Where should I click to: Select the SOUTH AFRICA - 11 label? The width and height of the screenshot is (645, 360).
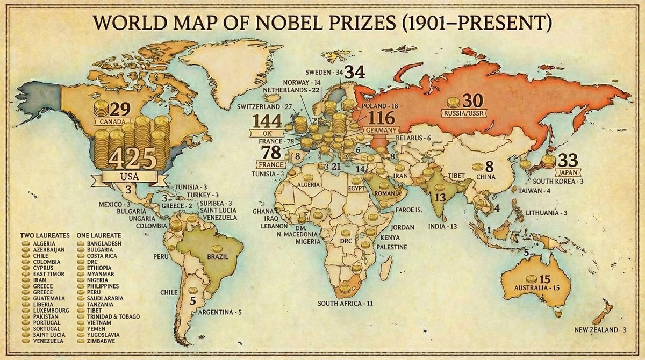coord(345,304)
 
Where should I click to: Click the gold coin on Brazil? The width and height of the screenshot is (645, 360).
coord(217,248)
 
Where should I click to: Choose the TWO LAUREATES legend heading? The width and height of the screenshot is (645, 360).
coord(45,235)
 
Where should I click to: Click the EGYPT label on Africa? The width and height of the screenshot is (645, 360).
coord(356,189)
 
